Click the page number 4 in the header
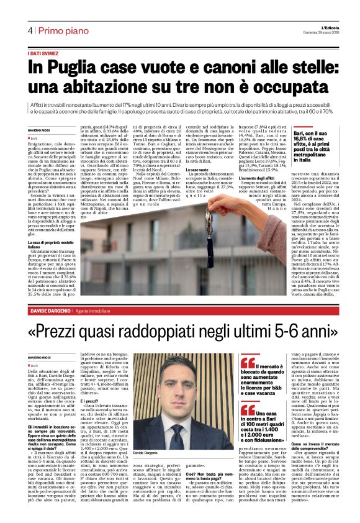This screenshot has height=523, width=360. [29, 30]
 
